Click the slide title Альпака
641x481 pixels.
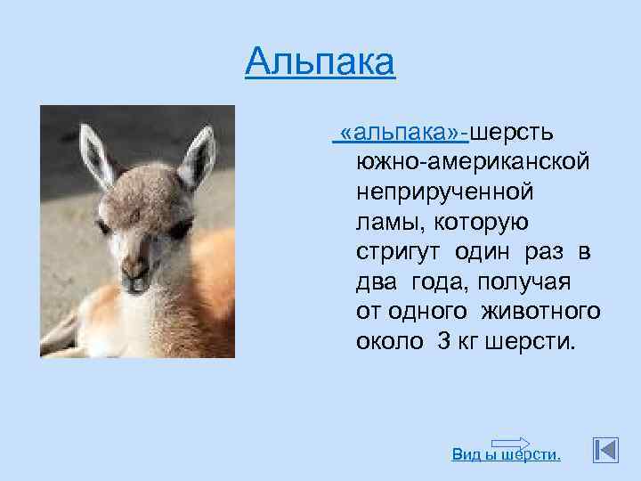pos(320,62)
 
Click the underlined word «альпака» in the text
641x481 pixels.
pos(402,133)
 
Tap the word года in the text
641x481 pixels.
pos(440,282)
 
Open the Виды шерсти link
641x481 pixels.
pos(507,455)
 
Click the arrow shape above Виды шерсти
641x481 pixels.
pos(510,444)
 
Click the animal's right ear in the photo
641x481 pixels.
pos(198,156)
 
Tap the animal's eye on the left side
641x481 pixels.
pos(103,226)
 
